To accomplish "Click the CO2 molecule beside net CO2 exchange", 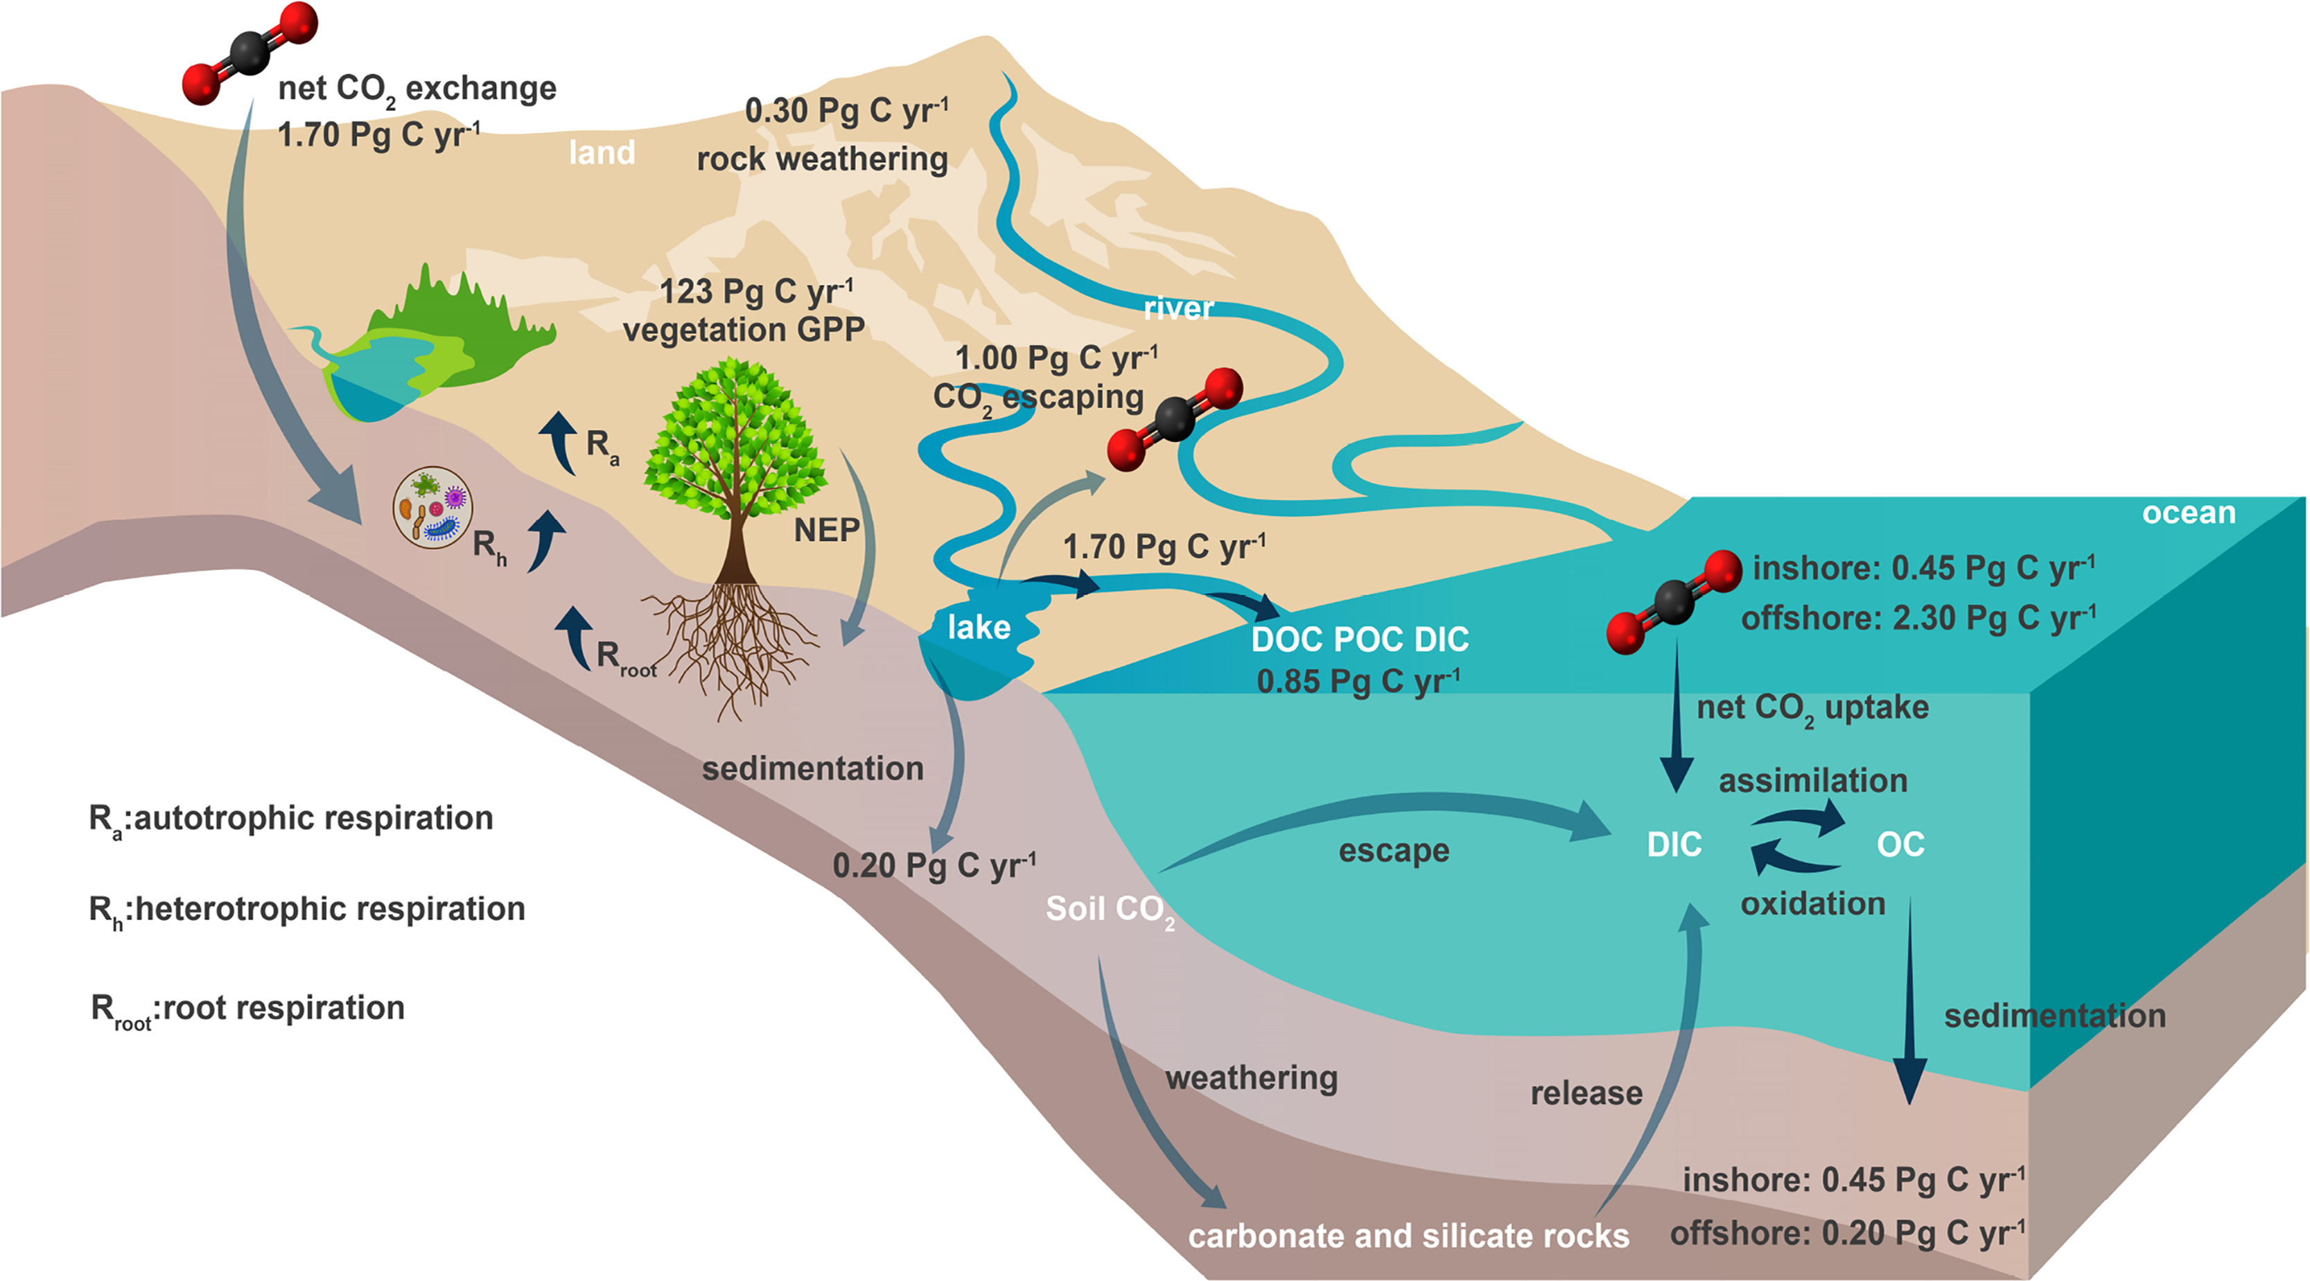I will pyautogui.click(x=250, y=52).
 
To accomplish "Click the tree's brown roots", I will pyautogui.click(x=735, y=646).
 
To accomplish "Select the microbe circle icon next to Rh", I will pyautogui.click(x=433, y=507).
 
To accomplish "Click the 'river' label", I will pyautogui.click(x=1178, y=308).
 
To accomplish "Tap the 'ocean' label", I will pyautogui.click(x=2188, y=513).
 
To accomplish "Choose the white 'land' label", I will pyautogui.click(x=602, y=153).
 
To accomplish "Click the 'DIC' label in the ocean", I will pyautogui.click(x=1673, y=845).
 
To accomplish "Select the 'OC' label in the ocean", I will pyautogui.click(x=1900, y=845).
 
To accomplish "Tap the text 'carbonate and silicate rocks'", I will pyautogui.click(x=1408, y=1236).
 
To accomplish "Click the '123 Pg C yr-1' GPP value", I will pyautogui.click(x=756, y=292).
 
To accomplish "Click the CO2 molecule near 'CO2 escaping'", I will pyautogui.click(x=1175, y=418).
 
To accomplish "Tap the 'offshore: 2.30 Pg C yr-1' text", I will pyautogui.click(x=1918, y=619).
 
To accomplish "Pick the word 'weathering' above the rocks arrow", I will pyautogui.click(x=1251, y=1079).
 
